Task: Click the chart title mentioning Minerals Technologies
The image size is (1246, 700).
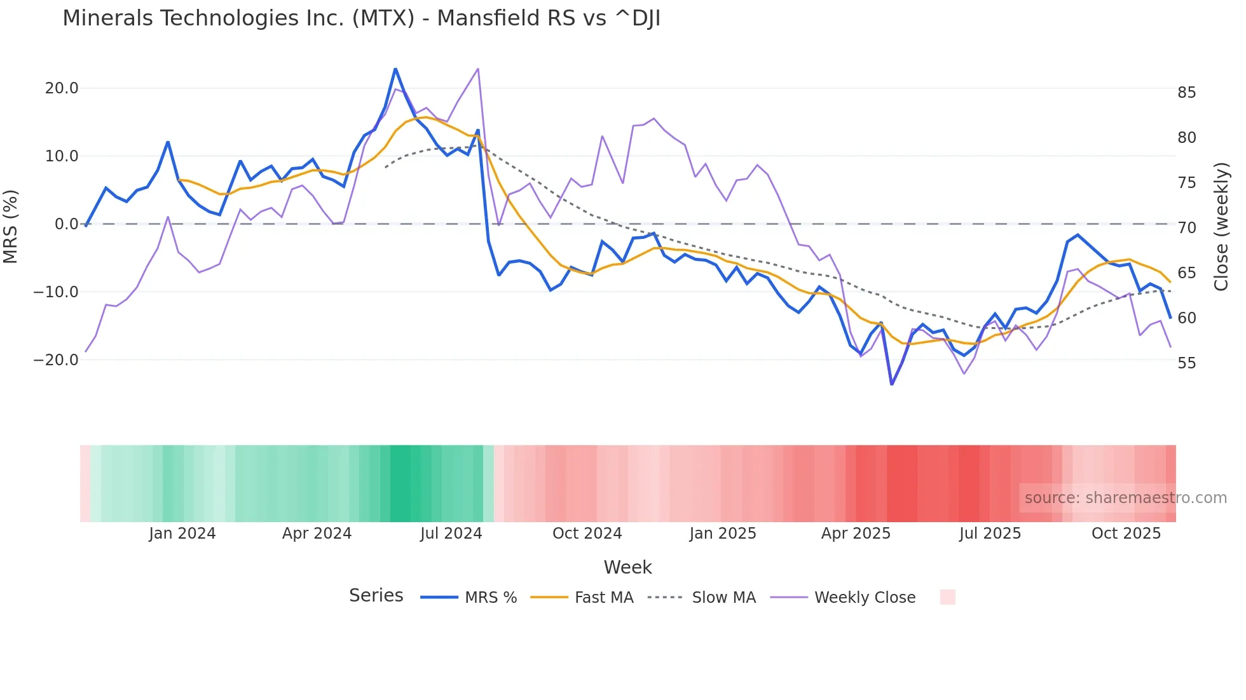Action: click(x=361, y=18)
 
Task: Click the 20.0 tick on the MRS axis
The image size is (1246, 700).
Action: click(x=62, y=88)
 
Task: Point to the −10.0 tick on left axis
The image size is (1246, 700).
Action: click(x=56, y=292)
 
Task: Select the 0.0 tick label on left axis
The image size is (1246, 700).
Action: click(x=66, y=224)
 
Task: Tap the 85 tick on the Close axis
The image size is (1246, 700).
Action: click(x=1186, y=93)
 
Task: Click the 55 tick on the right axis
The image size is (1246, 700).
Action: click(x=1186, y=363)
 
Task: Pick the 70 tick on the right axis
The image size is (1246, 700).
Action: click(x=1186, y=228)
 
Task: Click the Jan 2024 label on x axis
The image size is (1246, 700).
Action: click(x=182, y=534)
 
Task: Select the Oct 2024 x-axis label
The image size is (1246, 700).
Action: click(x=587, y=534)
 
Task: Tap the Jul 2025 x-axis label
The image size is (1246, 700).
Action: click(x=990, y=534)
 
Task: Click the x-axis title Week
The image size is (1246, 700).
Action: click(x=627, y=567)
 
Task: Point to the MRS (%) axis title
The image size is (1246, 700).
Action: click(x=11, y=226)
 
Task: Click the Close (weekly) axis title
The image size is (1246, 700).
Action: click(x=1221, y=226)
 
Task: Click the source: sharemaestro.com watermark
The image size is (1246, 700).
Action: click(x=1125, y=498)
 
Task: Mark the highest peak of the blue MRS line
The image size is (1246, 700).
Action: click(x=395, y=69)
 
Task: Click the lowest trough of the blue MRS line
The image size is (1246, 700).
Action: click(x=892, y=384)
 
